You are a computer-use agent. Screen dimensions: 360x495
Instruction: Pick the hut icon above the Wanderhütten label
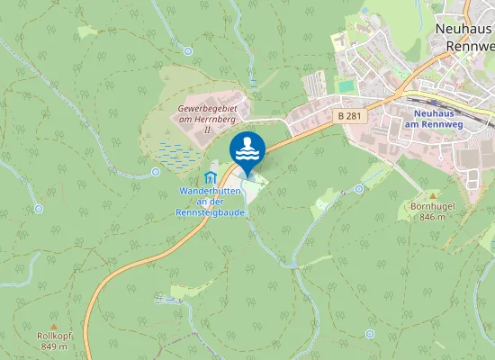211,175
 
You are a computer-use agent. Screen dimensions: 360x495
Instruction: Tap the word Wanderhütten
211,192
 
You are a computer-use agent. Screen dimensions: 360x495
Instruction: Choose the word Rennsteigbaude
211,212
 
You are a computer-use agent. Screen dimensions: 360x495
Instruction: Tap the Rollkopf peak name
54,336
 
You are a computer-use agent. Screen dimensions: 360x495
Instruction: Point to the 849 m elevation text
54,346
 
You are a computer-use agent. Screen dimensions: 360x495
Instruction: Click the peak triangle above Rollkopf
53,325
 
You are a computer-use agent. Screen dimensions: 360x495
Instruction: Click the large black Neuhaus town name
464,28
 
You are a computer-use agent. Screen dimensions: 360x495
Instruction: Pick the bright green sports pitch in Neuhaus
346,85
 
